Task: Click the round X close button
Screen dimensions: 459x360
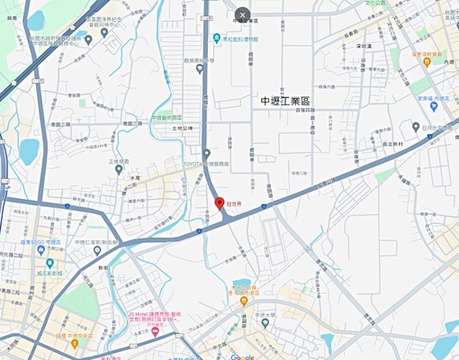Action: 242,14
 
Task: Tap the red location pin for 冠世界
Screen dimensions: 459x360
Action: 220,203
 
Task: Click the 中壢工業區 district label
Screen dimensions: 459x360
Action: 283,101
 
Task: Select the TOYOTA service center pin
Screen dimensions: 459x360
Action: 206,154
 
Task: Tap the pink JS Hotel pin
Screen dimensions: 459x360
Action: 154,332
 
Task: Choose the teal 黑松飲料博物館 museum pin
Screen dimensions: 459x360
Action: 217,39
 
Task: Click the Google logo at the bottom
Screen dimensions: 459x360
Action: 241,356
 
